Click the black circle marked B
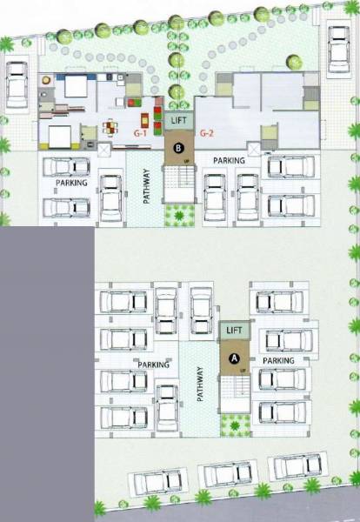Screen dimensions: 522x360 [178, 149]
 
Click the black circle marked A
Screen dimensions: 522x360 [233, 357]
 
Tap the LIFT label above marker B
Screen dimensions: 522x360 [179, 121]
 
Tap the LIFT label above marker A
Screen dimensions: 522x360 [233, 331]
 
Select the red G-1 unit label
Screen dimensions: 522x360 [139, 133]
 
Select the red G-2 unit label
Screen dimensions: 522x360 [206, 133]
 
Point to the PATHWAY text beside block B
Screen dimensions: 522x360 [146, 185]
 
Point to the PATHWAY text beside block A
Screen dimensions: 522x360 [200, 384]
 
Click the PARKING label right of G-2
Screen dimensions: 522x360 [230, 160]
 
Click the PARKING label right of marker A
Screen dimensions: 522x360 [280, 360]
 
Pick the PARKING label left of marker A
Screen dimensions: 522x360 [152, 365]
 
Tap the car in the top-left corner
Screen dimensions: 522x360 [16, 84]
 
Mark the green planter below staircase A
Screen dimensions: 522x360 [233, 425]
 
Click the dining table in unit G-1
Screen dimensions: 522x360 [110, 128]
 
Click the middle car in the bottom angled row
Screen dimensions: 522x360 [227, 475]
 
